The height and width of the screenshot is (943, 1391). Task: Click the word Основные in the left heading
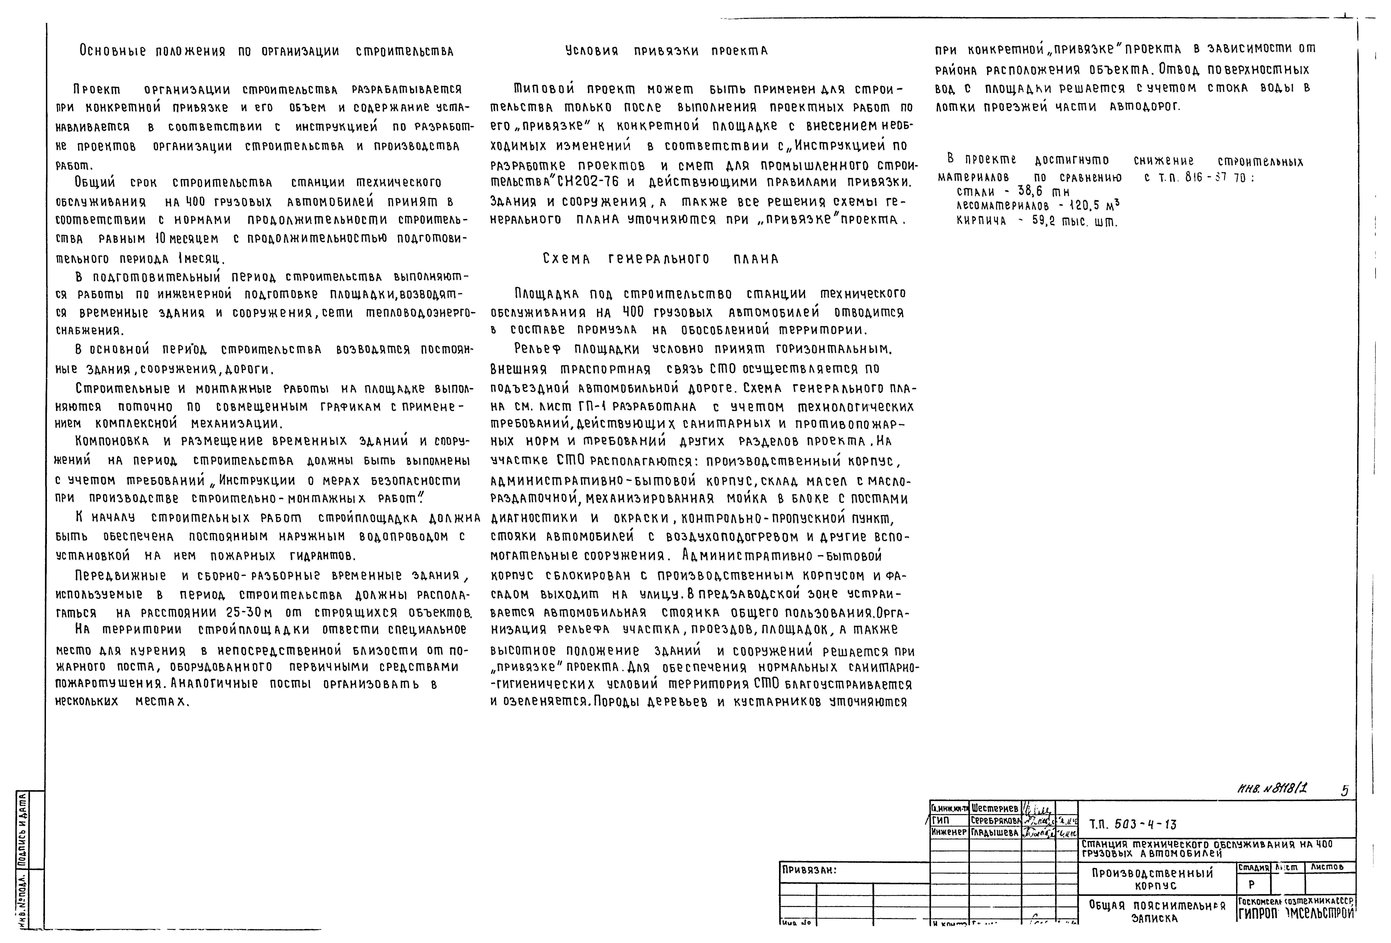[x=113, y=51]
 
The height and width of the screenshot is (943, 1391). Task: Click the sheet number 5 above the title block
[x=1344, y=790]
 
